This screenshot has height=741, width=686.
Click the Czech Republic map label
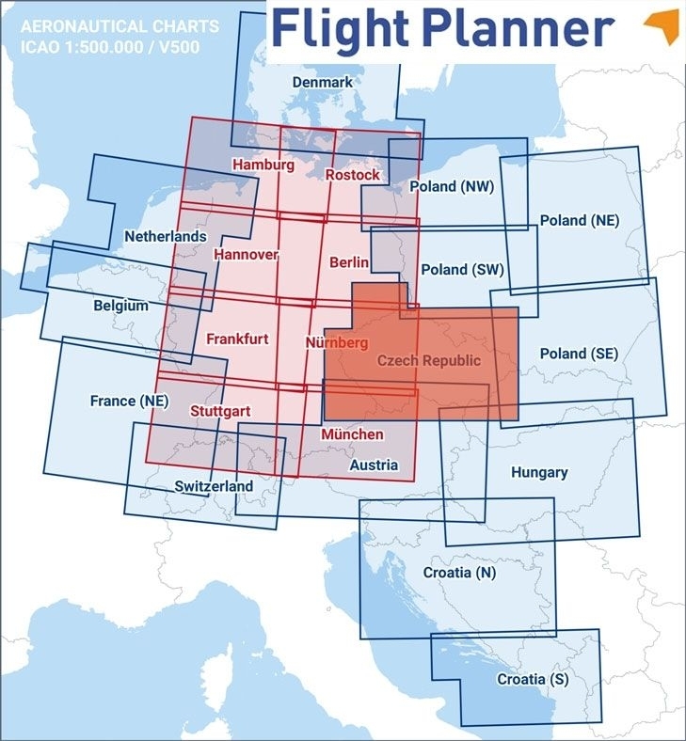pos(428,361)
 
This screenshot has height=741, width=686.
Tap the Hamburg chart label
pos(263,165)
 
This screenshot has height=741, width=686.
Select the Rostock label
pos(353,175)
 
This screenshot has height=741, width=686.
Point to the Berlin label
pos(349,263)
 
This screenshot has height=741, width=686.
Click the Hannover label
pos(246,255)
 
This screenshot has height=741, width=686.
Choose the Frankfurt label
pos(237,339)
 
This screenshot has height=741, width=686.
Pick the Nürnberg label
pos(336,343)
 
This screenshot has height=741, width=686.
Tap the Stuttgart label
pos(219,411)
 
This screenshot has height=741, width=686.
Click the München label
pos(352,434)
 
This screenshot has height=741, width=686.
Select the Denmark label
pos(322,83)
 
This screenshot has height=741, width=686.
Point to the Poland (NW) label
pos(453,187)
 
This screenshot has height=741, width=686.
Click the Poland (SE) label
pos(579,354)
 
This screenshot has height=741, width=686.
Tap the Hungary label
pos(538,472)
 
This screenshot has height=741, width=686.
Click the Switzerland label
pos(214,486)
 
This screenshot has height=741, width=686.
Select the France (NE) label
pos(129,401)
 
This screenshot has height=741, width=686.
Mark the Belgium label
pos(120,306)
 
